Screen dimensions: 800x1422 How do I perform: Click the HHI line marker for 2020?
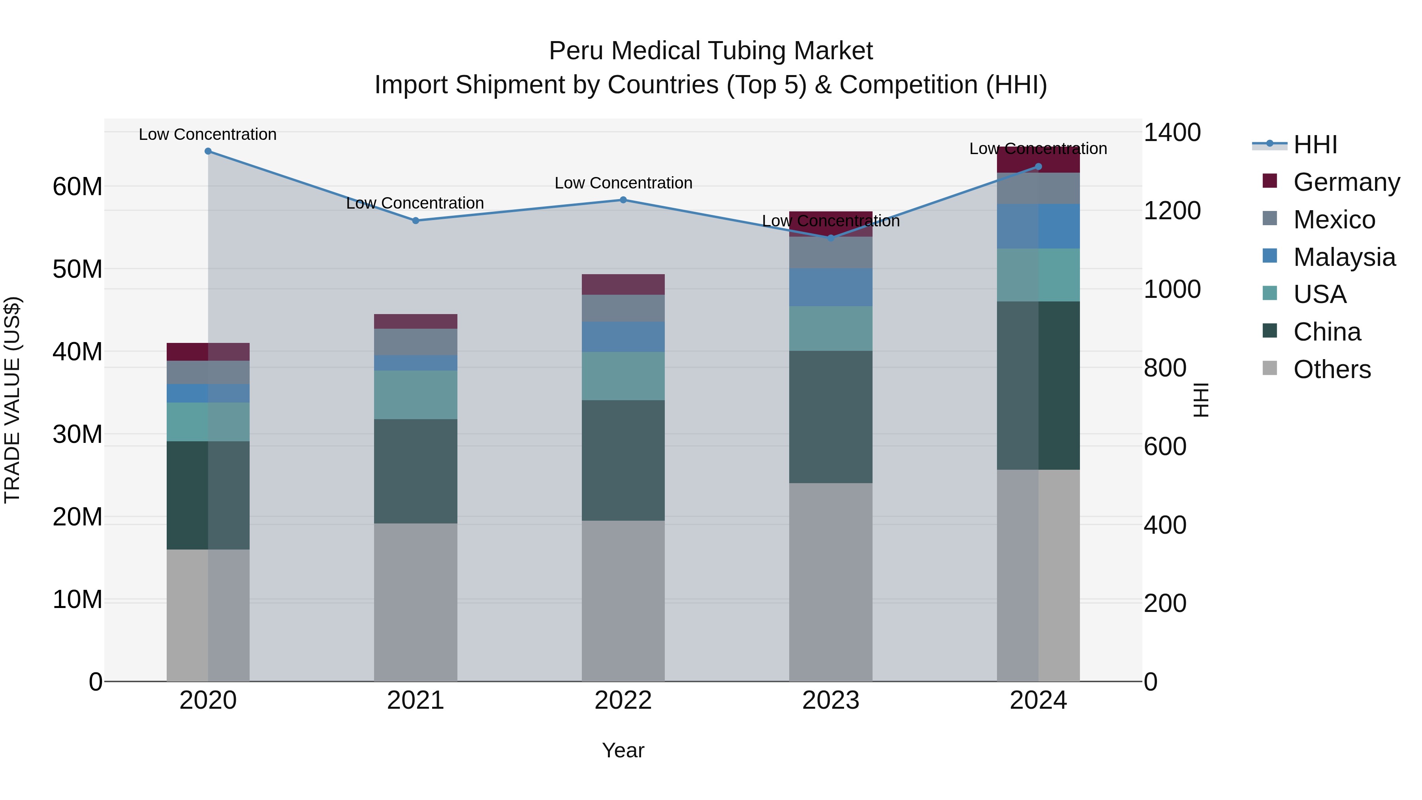pyautogui.click(x=208, y=151)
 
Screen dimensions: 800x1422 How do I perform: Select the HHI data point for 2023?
pyautogui.click(x=831, y=238)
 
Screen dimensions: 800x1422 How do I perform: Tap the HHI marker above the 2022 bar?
pyautogui.click(x=623, y=200)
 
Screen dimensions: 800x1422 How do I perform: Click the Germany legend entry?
pyautogui.click(x=1346, y=182)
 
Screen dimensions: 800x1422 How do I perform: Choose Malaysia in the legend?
pyautogui.click(x=1344, y=257)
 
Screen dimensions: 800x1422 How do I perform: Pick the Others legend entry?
pyautogui.click(x=1332, y=369)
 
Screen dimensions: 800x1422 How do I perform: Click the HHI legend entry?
pyautogui.click(x=1315, y=145)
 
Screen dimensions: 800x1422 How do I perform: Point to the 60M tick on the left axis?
pyautogui.click(x=77, y=186)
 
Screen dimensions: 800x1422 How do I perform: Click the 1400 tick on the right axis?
pyautogui.click(x=1172, y=132)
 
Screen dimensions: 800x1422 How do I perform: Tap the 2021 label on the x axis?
pyautogui.click(x=415, y=700)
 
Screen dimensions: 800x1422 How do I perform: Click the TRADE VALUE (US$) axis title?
pyautogui.click(x=12, y=400)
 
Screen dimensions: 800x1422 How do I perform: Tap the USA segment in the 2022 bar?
pyautogui.click(x=623, y=376)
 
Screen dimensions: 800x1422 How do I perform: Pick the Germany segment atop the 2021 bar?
pyautogui.click(x=415, y=321)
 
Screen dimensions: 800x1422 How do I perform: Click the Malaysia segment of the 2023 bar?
pyautogui.click(x=831, y=287)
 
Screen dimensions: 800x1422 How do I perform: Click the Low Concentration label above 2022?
pyautogui.click(x=623, y=183)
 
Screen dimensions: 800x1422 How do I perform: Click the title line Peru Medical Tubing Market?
pyautogui.click(x=711, y=51)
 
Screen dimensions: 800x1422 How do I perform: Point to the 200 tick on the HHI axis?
pyautogui.click(x=1165, y=603)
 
